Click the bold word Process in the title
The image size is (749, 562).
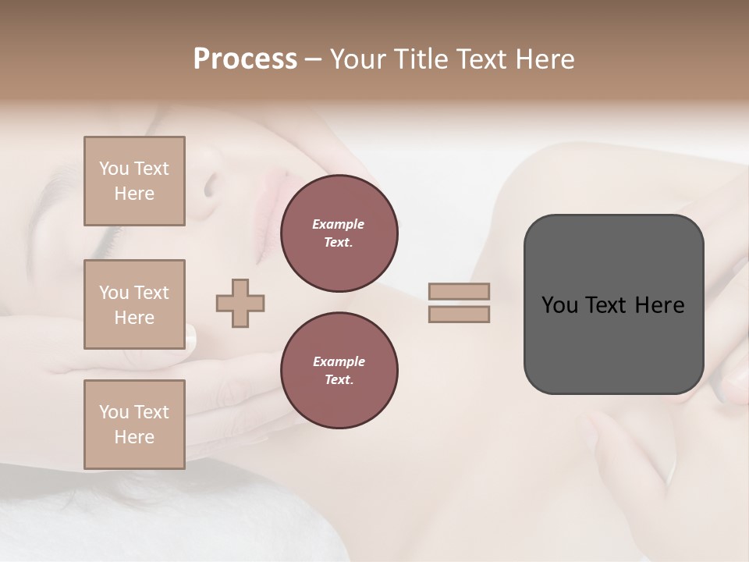pos(245,59)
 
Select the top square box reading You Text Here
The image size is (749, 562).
pos(134,181)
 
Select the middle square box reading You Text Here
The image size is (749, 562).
pos(134,304)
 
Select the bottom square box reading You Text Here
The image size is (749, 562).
pos(134,425)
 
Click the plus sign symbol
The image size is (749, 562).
pos(240,303)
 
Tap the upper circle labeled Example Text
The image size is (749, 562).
pos(339,233)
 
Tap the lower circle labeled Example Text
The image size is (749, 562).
pos(339,371)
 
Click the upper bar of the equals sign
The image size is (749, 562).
pos(460,291)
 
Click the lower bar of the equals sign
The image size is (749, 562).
pos(460,314)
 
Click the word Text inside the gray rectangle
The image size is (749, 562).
pos(607,305)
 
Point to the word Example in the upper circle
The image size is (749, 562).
pos(339,224)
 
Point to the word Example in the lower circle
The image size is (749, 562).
pos(339,361)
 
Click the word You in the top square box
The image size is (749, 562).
pos(114,169)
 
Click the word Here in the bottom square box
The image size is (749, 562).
pos(134,437)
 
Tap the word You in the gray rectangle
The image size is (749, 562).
pos(559,305)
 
